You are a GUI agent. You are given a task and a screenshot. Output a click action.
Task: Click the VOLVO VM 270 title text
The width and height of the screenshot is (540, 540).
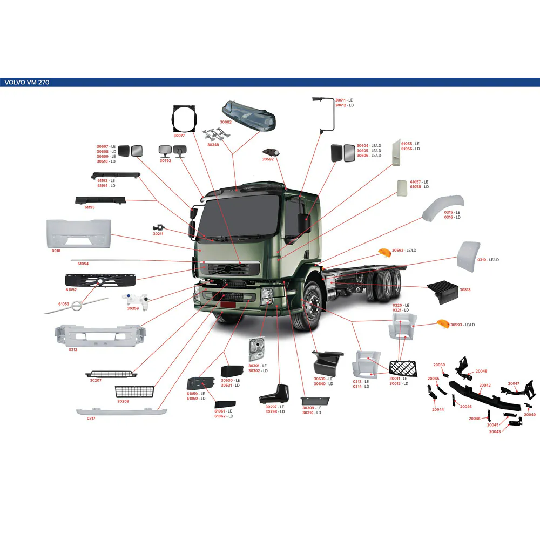[27, 82]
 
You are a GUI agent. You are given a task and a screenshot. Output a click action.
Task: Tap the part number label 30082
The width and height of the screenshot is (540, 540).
[226, 122]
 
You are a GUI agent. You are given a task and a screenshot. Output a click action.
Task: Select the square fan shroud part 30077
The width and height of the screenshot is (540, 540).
[184, 118]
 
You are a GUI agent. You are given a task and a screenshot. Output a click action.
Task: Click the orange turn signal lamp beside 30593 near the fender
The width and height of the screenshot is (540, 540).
[384, 252]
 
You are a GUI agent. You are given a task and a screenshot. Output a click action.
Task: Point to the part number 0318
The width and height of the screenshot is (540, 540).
[56, 251]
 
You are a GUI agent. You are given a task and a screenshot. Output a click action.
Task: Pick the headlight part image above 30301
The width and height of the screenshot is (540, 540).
[256, 349]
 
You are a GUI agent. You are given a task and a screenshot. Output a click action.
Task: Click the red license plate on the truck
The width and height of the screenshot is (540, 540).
[228, 305]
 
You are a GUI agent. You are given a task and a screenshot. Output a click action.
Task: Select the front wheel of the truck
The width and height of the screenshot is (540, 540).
[312, 305]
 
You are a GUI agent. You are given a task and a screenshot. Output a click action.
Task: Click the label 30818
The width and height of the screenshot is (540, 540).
[465, 289]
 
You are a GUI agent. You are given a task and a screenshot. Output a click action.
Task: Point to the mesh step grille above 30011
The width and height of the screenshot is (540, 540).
[403, 368]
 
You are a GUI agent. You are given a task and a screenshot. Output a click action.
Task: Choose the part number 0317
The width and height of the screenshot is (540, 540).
[91, 418]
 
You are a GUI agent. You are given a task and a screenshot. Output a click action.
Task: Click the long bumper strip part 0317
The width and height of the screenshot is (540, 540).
[122, 411]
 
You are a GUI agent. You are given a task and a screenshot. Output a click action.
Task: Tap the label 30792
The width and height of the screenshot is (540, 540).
[165, 160]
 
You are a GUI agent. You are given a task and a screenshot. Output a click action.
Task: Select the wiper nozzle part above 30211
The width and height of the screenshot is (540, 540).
[159, 228]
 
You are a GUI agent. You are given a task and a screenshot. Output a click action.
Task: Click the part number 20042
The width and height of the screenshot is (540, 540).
[485, 386]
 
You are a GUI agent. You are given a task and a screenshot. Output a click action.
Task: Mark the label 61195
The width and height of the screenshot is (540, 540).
[90, 207]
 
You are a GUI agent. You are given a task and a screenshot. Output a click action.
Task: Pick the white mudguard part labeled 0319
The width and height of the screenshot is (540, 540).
[468, 257]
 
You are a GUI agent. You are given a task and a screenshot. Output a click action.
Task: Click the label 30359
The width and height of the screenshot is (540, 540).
[133, 308]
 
